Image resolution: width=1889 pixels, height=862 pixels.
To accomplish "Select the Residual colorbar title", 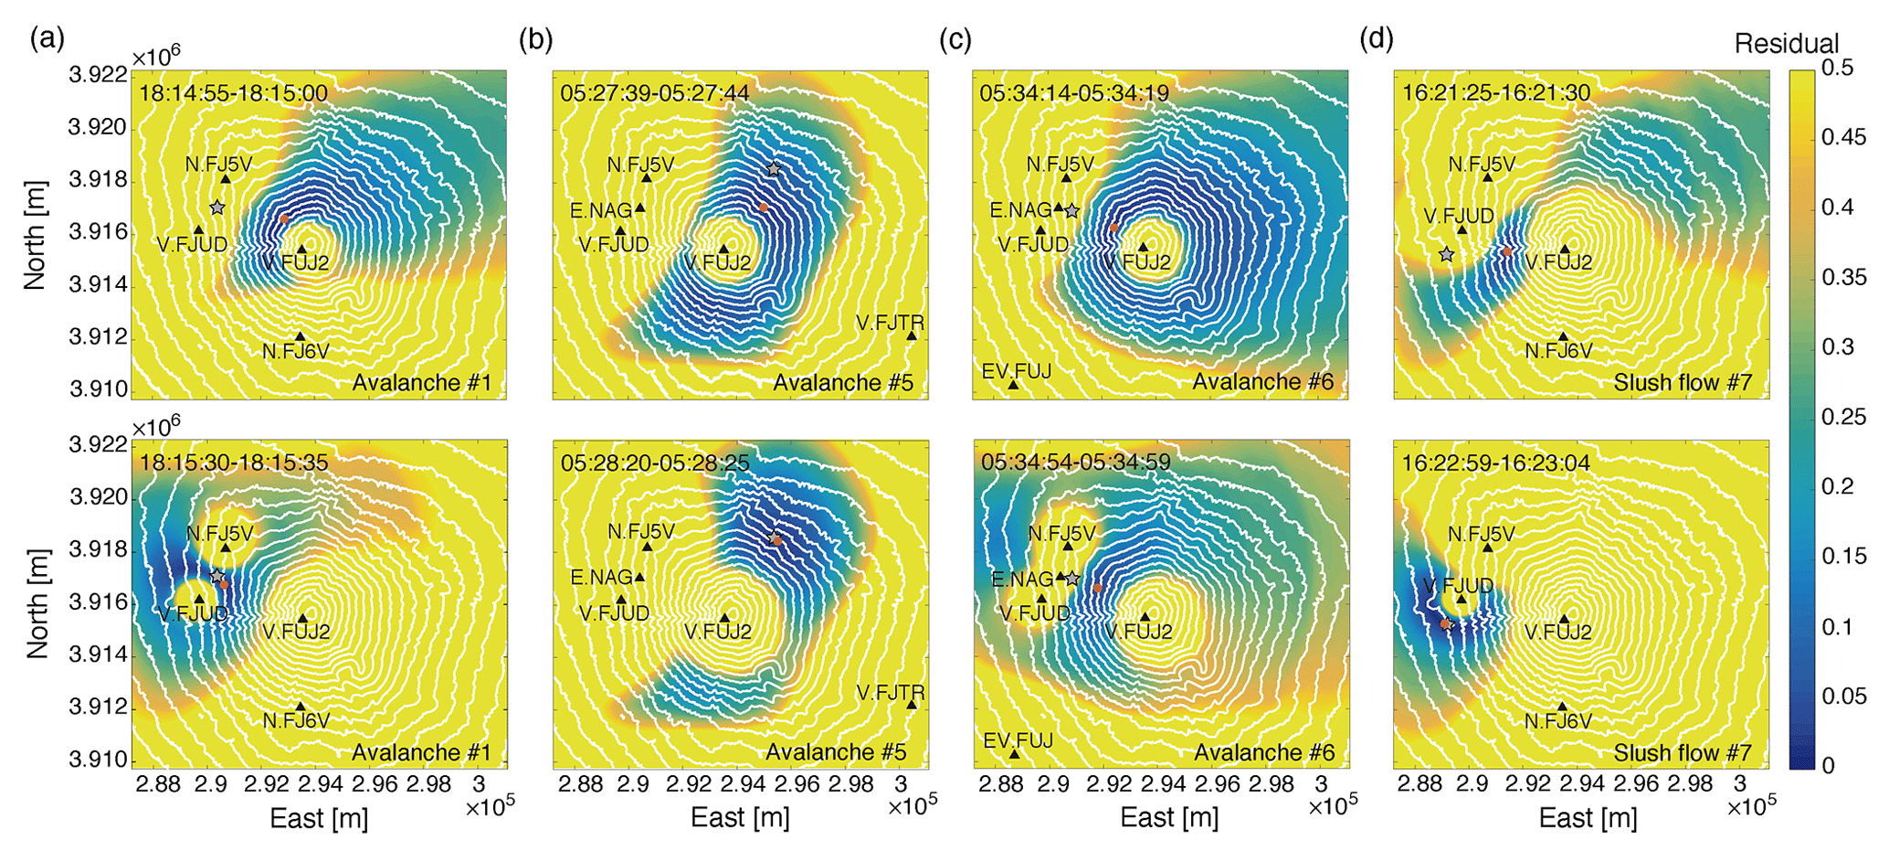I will coord(1786,44).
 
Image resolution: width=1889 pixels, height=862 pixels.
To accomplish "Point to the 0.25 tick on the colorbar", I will coord(1841,417).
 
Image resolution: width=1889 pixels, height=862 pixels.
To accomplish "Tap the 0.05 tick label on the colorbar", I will coord(1841,697).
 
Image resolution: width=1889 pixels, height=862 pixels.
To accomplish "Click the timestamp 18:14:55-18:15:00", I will coord(233,93).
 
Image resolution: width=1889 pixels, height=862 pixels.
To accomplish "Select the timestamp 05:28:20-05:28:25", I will coord(655,463).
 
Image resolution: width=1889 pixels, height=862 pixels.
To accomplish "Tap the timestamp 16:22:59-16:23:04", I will coord(1496,463).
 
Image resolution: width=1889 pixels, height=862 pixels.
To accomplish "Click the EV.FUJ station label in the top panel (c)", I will coord(1016,371).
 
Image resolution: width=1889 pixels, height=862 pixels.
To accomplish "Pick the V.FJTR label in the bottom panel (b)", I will coord(891,693).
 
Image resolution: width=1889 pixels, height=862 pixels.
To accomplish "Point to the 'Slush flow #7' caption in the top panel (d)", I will coord(1683,382).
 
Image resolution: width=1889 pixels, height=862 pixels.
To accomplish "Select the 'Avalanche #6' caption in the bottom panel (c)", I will coord(1264,752).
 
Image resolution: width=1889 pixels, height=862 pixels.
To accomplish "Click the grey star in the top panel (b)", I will coord(774,169).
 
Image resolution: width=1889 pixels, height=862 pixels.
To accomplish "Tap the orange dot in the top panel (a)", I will coord(284,218).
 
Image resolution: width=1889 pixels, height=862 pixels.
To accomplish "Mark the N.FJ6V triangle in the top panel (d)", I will coord(1563,336).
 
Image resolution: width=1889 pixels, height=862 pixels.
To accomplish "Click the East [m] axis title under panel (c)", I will coord(1169,817).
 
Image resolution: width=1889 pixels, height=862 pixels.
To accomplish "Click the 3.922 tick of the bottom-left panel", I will coord(98,445).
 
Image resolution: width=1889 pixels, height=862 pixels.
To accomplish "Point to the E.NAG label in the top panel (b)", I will coord(601,211).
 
